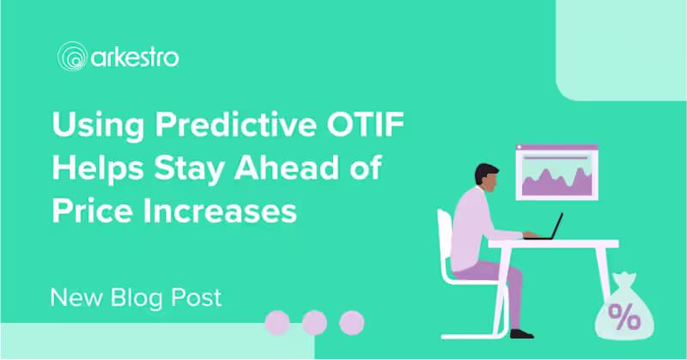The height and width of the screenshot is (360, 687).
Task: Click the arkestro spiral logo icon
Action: [x=72, y=57]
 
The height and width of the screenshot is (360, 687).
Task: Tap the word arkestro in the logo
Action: [x=135, y=58]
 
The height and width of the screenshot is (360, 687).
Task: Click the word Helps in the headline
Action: [x=98, y=169]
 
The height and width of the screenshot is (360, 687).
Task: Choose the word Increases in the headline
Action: [x=221, y=211]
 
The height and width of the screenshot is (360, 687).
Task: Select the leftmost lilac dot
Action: [x=277, y=323]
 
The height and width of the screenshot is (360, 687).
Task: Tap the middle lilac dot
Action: [x=314, y=323]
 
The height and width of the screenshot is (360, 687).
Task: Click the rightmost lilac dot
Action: [x=352, y=323]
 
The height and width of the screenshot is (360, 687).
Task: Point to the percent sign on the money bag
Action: [x=624, y=316]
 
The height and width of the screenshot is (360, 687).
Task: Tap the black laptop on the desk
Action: [x=544, y=227]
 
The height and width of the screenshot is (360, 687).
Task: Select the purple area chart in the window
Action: [x=556, y=181]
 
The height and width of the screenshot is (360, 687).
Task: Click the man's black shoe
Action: [x=522, y=334]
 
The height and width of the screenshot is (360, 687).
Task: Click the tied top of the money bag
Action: [x=624, y=279]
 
